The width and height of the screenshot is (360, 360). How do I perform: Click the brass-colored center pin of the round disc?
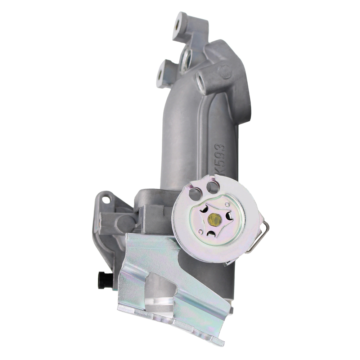tap(215, 219)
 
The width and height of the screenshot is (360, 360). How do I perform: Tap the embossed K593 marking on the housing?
tap(219, 158)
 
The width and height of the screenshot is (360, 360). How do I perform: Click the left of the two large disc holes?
tap(195, 194)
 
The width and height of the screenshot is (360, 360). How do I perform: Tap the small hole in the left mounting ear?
tap(105, 198)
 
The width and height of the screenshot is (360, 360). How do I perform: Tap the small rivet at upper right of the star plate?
tap(227, 205)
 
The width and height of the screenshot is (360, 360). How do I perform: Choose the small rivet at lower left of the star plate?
tap(200, 232)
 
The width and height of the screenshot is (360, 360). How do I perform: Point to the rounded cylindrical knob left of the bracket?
tap(124, 224)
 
